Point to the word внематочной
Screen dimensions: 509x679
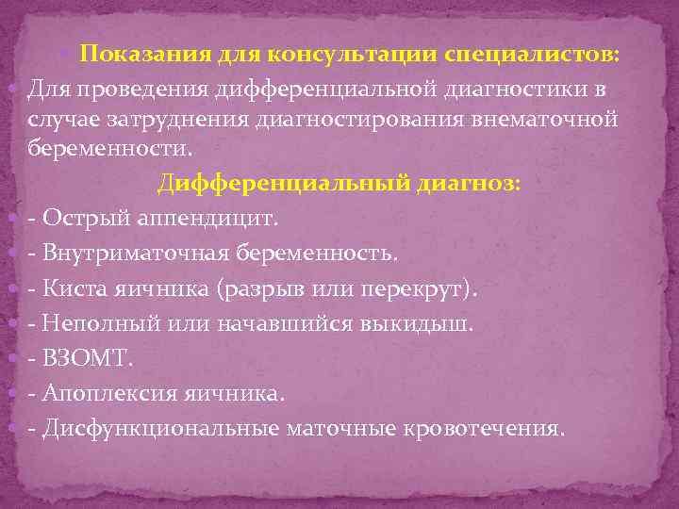535,119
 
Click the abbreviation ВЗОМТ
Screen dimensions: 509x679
83,357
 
